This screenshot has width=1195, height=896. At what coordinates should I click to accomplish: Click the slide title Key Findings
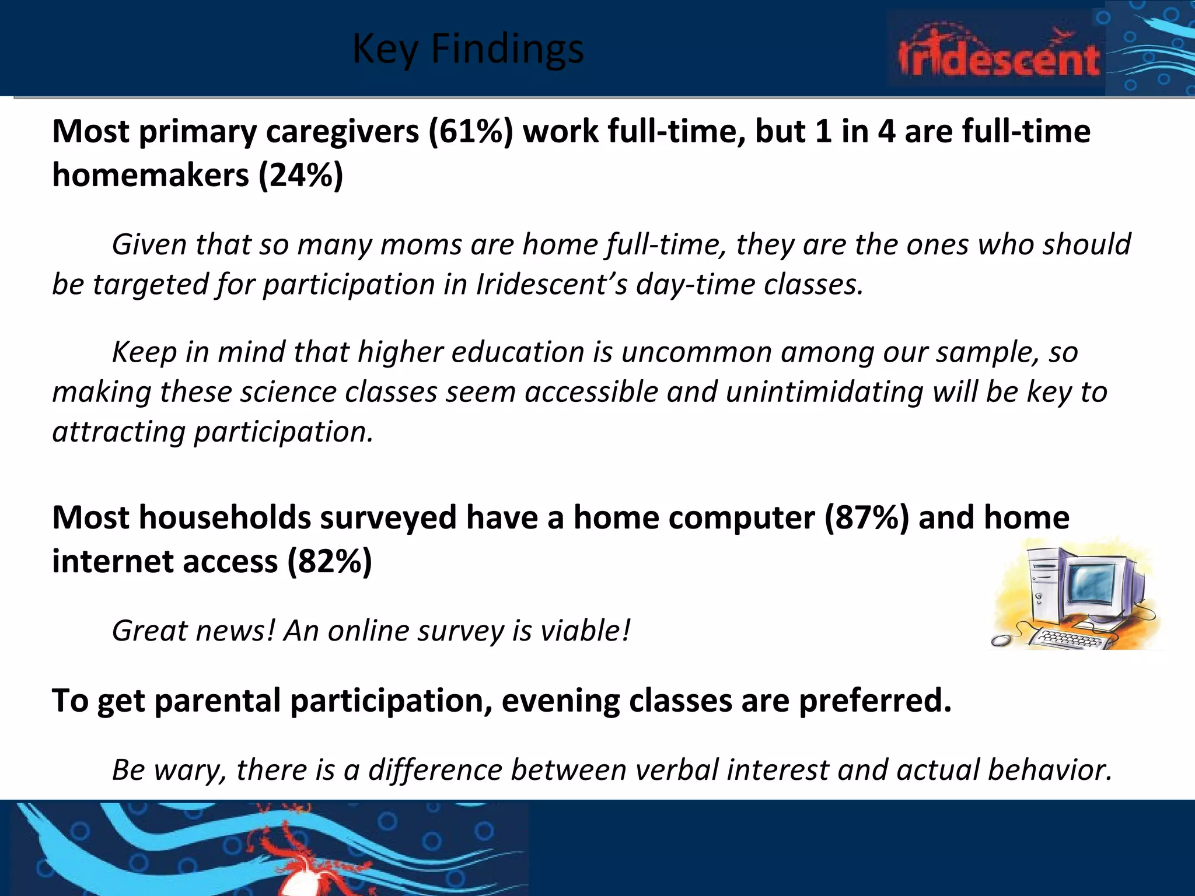[x=468, y=49]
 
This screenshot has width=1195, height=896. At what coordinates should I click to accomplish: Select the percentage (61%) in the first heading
[x=470, y=131]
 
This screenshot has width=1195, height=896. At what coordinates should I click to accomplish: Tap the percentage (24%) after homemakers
[x=301, y=174]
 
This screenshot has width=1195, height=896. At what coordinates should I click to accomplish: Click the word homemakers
[x=150, y=174]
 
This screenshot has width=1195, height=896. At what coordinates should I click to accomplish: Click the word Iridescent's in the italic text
[x=551, y=285]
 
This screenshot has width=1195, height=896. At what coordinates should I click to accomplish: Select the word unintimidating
[x=824, y=391]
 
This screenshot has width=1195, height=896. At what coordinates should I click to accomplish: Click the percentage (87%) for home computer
[x=866, y=517]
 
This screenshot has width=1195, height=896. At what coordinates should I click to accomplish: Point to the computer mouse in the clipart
[x=1001, y=640]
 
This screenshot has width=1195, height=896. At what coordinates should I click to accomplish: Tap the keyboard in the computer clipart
[x=1067, y=638]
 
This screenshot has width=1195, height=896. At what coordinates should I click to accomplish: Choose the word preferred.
[x=875, y=701]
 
